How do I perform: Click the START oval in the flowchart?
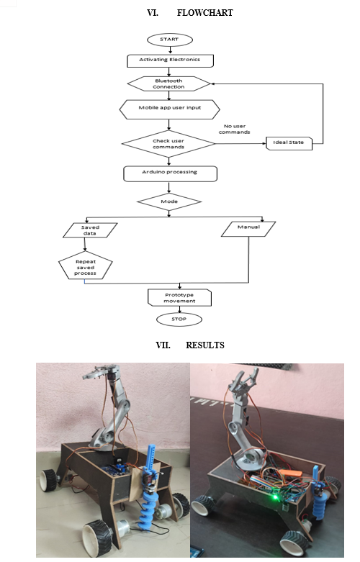click(170, 40)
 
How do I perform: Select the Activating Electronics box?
click(171, 60)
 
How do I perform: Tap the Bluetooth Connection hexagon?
click(169, 84)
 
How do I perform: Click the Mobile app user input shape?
click(170, 109)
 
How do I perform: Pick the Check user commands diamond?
click(168, 144)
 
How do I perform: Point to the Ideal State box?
click(289, 143)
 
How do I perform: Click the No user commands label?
click(235, 129)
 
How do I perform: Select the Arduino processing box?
click(171, 174)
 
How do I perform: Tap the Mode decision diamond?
click(169, 201)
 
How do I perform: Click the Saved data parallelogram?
click(90, 230)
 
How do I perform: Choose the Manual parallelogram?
click(248, 229)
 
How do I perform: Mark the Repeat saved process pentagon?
click(86, 266)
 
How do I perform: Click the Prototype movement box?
click(180, 298)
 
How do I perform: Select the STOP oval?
click(179, 319)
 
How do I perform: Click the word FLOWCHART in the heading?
click(204, 13)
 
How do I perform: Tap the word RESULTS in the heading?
click(205, 345)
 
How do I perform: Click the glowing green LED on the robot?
click(275, 497)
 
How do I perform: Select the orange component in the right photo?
click(291, 473)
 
